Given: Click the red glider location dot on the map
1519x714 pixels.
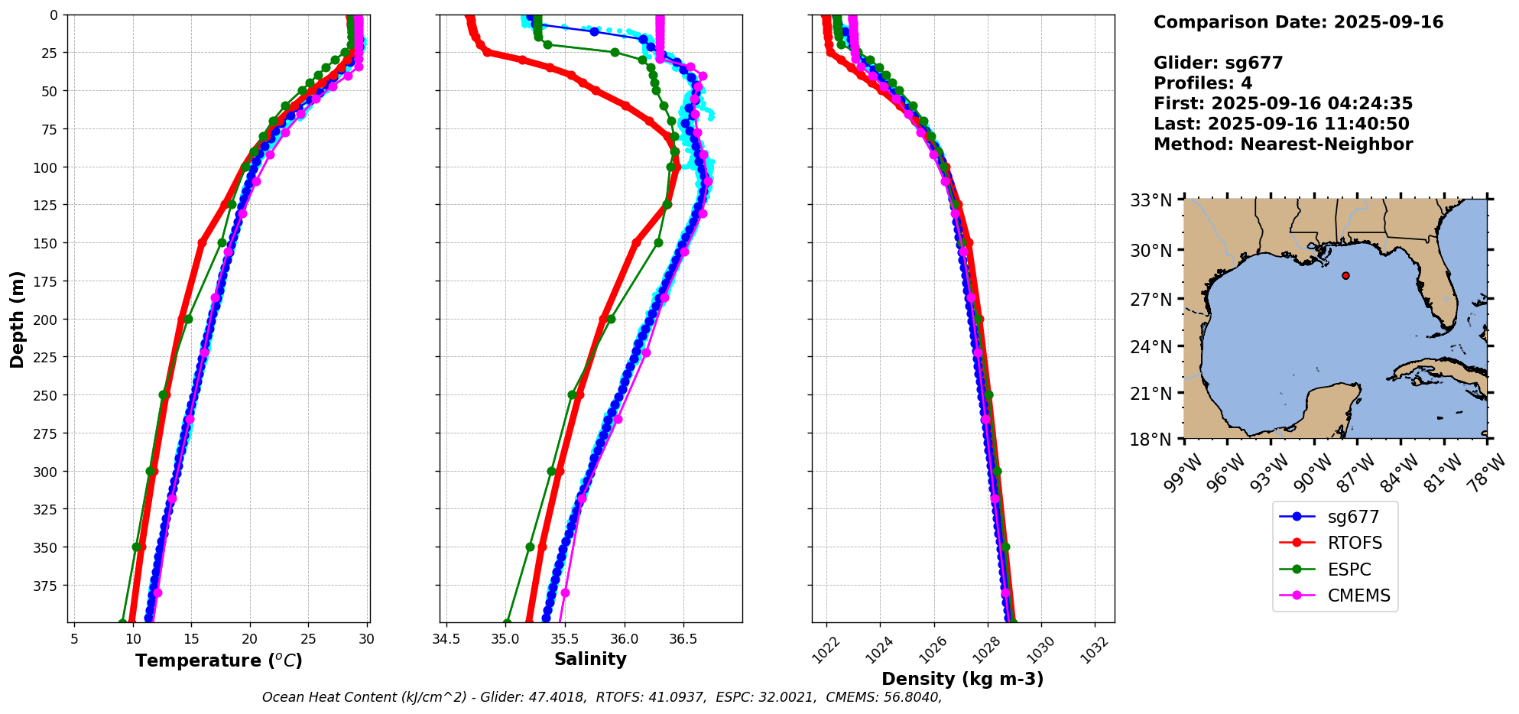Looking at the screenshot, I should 1345,275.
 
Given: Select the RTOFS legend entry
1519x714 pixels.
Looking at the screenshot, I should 1355,544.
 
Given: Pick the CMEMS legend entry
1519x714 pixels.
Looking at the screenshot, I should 1358,596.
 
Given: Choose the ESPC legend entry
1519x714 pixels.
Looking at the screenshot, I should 1349,570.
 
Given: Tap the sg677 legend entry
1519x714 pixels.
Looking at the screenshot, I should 1353,518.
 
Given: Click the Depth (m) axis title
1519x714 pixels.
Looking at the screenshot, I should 17,319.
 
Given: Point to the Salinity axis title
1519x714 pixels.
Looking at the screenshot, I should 590,660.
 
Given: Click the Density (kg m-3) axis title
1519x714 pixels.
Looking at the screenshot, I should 962,679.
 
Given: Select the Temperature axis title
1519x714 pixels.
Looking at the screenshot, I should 219,660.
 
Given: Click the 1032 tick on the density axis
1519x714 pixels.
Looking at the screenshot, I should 1095,650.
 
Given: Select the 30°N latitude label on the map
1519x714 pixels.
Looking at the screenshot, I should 1151,251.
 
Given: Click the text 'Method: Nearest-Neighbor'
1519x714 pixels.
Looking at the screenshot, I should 1283,144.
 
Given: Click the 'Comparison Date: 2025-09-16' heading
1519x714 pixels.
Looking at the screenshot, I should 1298,22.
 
